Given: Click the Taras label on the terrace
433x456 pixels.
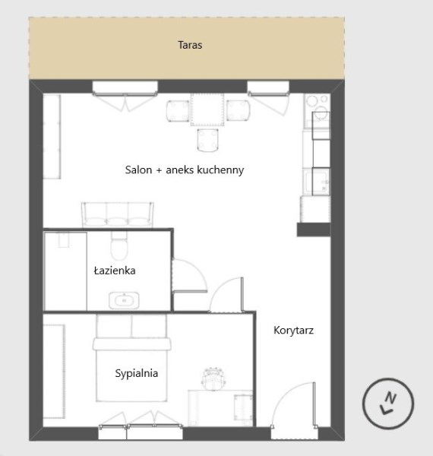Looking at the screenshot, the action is point(190,45).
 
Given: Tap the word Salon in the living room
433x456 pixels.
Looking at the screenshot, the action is point(138,169).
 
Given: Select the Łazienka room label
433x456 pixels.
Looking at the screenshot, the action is point(115,271).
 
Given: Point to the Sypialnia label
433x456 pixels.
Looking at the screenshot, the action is point(137,373).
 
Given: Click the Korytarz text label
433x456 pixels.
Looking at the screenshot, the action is point(293,331).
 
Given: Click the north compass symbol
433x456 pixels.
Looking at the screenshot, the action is point(388,404).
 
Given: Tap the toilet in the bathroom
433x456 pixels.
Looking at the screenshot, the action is point(119,245).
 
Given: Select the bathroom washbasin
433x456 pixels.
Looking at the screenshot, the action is point(124,300).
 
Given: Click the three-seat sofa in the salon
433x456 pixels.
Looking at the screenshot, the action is point(118,214).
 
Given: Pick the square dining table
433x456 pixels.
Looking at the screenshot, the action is point(207,109).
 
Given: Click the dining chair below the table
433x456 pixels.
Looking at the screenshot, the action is point(208,140).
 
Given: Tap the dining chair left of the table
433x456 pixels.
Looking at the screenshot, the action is point(178,110).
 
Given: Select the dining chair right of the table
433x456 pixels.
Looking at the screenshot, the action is point(238,110).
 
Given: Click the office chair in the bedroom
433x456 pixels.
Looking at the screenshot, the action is point(213,378).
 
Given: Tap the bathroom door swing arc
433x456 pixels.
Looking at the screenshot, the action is point(197,268).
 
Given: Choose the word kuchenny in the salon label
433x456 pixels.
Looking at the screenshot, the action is point(220,170).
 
